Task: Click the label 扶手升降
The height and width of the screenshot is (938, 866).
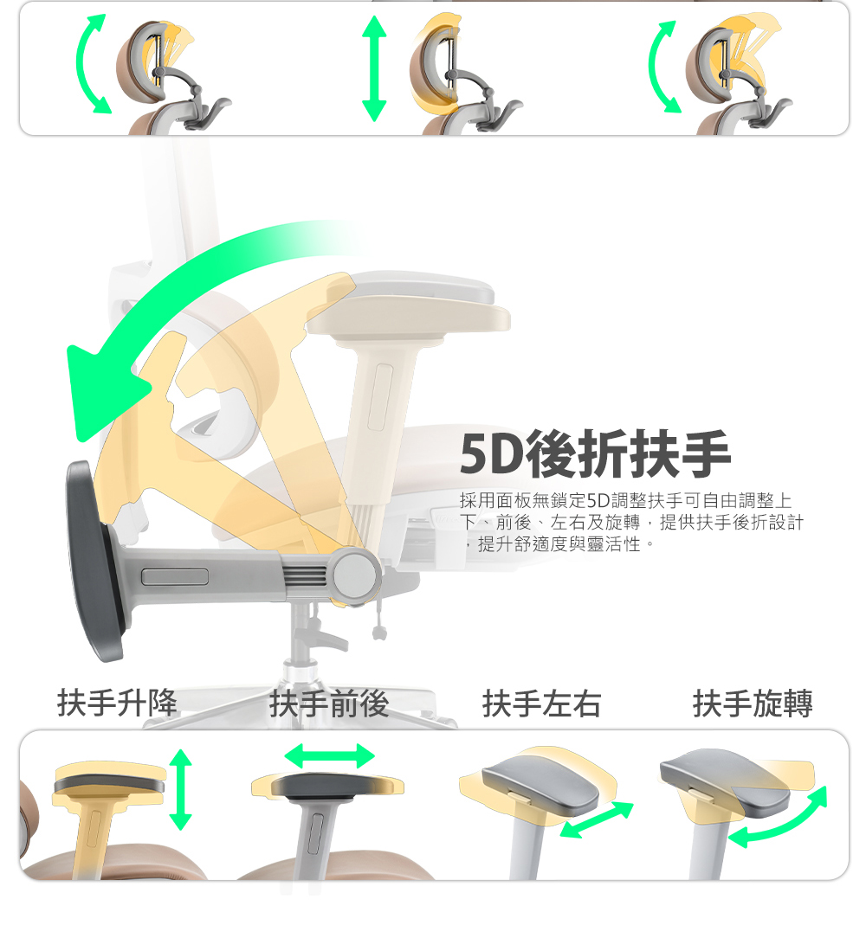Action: (x=117, y=703)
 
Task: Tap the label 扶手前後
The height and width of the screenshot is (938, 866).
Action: (x=329, y=704)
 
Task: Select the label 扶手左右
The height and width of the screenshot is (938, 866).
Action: (x=541, y=704)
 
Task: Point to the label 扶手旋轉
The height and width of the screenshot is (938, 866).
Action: (x=753, y=704)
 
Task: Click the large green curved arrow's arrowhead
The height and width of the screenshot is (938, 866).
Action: (x=100, y=394)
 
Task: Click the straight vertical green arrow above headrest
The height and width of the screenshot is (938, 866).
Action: (x=374, y=67)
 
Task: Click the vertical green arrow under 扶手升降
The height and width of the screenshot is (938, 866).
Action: (x=180, y=789)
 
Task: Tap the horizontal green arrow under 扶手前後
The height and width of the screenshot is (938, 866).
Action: (x=329, y=755)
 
